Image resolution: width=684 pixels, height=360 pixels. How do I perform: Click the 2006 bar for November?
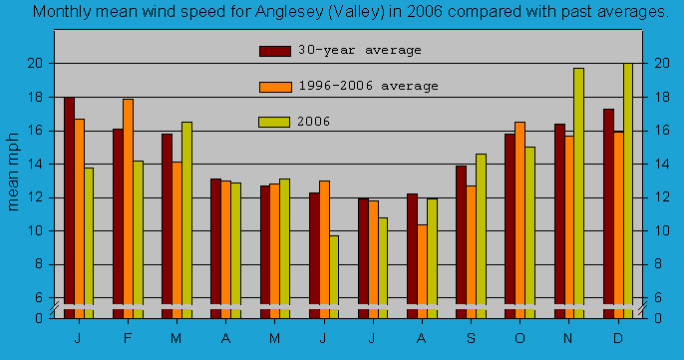point(578,189)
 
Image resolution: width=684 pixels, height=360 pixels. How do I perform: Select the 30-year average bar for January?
point(69,204)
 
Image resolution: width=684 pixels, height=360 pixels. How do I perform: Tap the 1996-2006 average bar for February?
point(128,204)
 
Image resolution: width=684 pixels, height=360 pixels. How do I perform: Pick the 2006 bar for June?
point(334,274)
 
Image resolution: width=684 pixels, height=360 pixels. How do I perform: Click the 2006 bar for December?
point(628,189)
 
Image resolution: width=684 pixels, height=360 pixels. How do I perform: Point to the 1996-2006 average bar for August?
point(422,269)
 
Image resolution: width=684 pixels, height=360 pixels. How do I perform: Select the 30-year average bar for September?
point(461,239)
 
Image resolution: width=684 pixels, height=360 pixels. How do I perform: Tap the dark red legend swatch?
point(274,51)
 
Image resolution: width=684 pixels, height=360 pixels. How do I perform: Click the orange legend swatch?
point(274,87)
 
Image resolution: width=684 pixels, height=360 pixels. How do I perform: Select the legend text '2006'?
point(314,122)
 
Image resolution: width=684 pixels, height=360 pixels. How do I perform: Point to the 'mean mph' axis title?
point(14,171)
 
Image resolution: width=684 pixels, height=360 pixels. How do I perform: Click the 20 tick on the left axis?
point(34,63)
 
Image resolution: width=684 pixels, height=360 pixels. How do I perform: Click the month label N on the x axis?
point(568,337)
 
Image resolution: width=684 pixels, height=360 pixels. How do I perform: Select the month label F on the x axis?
point(128,337)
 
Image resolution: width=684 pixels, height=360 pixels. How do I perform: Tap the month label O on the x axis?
point(519,337)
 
